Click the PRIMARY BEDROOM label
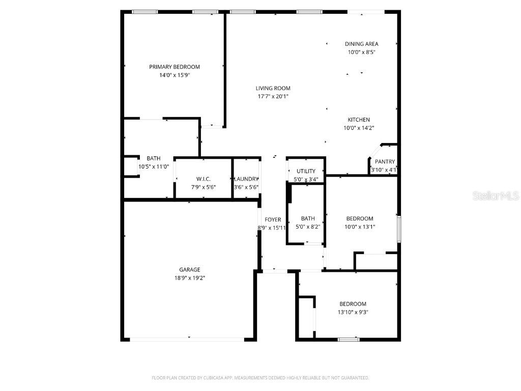[174, 67]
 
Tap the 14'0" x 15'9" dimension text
[174, 75]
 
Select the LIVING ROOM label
[273, 88]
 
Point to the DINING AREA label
[361, 44]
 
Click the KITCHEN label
[359, 120]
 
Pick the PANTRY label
[385, 162]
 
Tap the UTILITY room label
[306, 171]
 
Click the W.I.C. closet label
[204, 179]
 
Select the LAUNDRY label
[246, 179]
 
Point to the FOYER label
[273, 219]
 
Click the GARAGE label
[189, 269]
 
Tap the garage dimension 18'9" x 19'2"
[189, 278]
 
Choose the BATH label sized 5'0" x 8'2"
[308, 218]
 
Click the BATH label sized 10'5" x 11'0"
[154, 158]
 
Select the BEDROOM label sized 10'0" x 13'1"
[360, 218]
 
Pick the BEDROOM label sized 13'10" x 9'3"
[353, 304]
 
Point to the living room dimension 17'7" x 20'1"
[273, 96]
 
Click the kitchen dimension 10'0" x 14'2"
[359, 128]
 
